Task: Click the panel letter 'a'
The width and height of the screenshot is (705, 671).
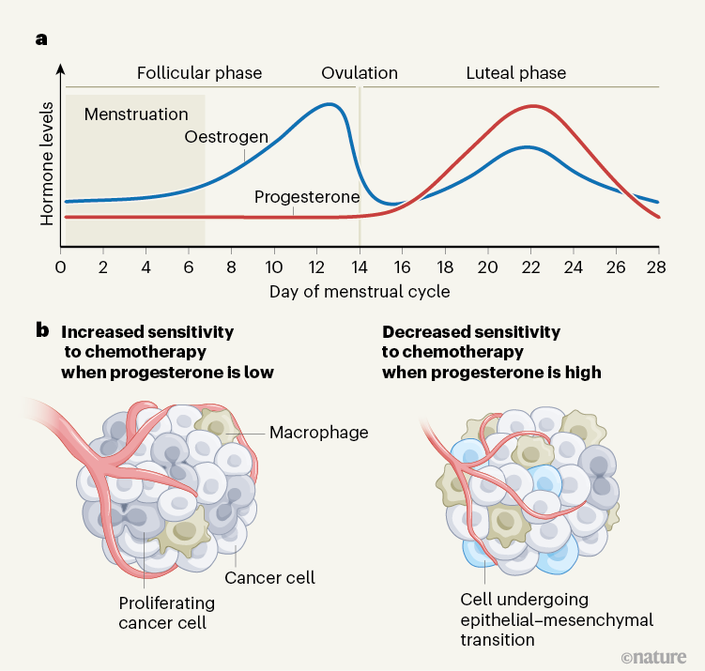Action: (x=40, y=39)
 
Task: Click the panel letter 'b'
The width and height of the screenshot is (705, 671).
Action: (x=41, y=331)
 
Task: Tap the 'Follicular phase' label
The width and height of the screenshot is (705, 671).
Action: (x=199, y=73)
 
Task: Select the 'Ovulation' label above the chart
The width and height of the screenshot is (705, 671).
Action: (x=360, y=73)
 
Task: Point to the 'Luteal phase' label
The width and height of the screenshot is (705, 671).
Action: (x=516, y=73)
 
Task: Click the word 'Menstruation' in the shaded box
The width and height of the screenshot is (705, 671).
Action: (x=136, y=114)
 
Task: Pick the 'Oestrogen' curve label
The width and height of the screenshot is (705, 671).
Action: (x=226, y=138)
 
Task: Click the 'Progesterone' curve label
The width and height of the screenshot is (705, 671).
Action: (x=307, y=197)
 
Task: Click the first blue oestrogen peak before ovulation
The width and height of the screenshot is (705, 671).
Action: (x=330, y=103)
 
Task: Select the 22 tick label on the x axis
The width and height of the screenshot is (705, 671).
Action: (x=530, y=266)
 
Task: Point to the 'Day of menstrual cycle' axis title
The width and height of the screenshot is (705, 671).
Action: (x=360, y=291)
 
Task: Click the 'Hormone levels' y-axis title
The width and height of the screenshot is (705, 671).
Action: (x=47, y=163)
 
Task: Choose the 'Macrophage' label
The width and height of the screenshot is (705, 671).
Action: (x=318, y=433)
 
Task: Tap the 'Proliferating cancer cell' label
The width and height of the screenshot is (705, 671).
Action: (x=166, y=612)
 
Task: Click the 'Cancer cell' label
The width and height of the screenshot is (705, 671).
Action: (x=268, y=578)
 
